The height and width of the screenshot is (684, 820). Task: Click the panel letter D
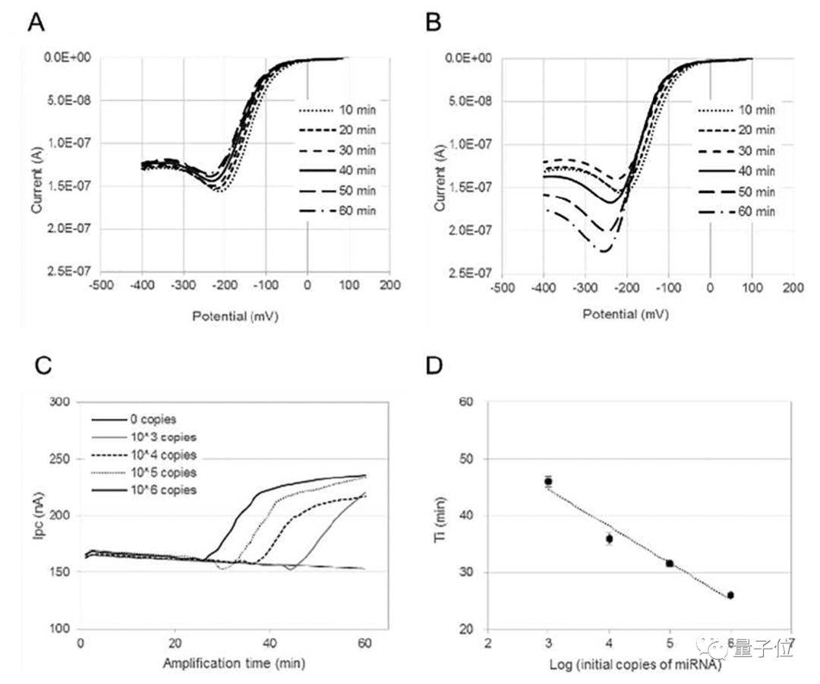pos(434,367)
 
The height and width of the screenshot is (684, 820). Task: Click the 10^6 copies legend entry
pos(144,490)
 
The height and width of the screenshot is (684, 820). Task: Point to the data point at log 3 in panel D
pos(548,481)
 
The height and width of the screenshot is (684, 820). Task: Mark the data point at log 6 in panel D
pos(730,595)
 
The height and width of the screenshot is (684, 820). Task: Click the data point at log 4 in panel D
pos(609,539)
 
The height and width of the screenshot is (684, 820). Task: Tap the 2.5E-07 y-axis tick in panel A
pos(73,271)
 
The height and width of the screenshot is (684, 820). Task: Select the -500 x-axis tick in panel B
pos(500,288)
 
